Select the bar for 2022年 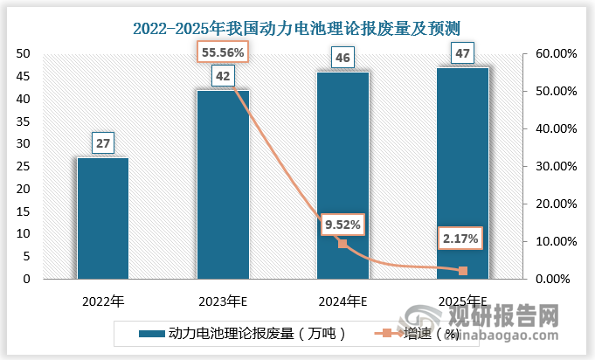click(x=103, y=218)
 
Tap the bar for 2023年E click(x=223, y=184)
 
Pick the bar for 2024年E click(x=342, y=176)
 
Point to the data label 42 click(x=223, y=76)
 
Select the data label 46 click(x=342, y=59)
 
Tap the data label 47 click(x=462, y=54)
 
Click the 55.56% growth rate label click(x=222, y=52)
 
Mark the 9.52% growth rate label click(x=342, y=225)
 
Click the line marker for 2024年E click(x=342, y=244)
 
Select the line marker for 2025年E click(x=462, y=271)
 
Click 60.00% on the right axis click(x=556, y=54)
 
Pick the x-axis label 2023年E click(x=223, y=301)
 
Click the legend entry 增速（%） click(x=424, y=333)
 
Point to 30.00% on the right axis click(x=556, y=167)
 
